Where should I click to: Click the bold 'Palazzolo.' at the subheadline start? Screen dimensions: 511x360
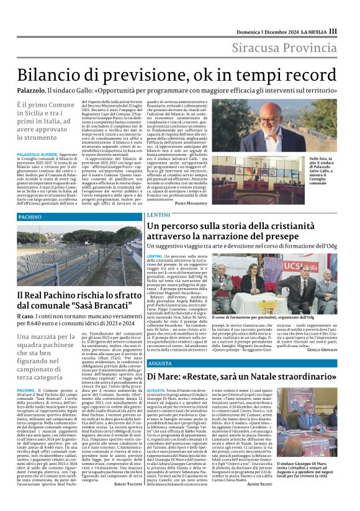[31, 90]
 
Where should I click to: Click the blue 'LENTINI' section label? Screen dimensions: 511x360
[158, 215]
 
